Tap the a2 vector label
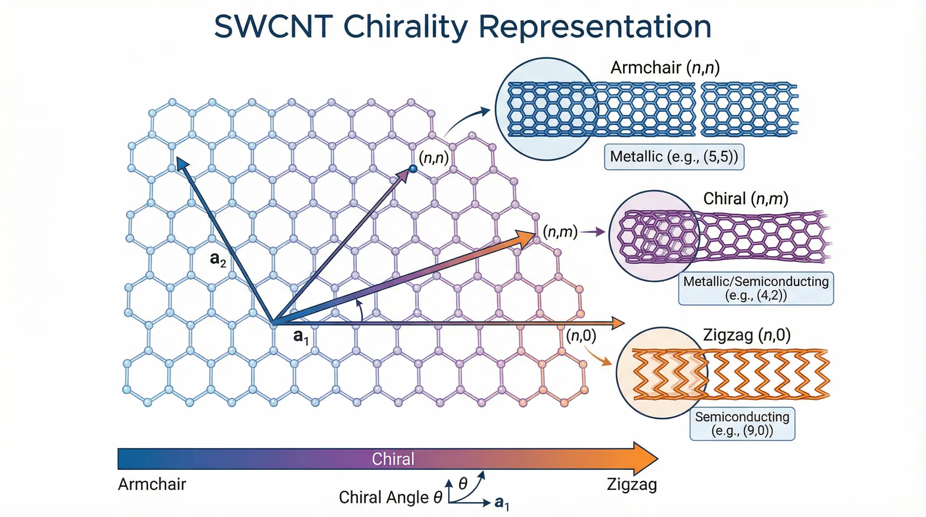[x=218, y=259]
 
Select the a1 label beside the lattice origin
[x=300, y=336]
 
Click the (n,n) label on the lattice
[x=434, y=158]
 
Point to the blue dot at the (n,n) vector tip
[x=413, y=168]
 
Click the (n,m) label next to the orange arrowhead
[x=560, y=232]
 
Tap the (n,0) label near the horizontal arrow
[x=581, y=335]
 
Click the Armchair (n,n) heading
[x=665, y=68]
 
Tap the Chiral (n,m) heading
[x=746, y=199]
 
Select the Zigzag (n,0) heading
[x=747, y=335]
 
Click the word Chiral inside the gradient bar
[x=393, y=459]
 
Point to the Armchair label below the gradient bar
[x=152, y=484]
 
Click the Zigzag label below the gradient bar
[x=632, y=484]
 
